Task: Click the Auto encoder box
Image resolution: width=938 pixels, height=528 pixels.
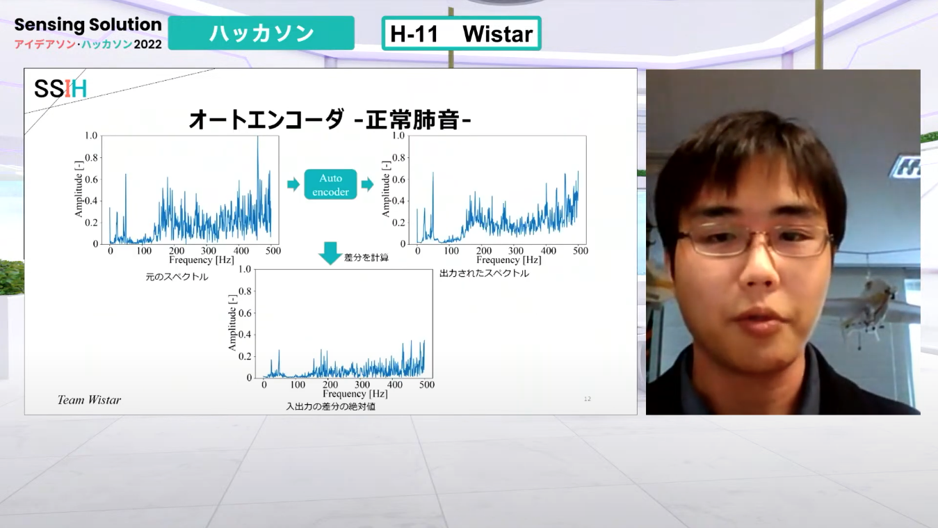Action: tap(330, 184)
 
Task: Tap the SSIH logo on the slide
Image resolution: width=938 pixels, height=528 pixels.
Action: tap(60, 89)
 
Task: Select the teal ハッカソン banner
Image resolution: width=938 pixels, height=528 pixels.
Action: tap(261, 33)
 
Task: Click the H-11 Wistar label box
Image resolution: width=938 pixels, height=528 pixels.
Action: tap(462, 33)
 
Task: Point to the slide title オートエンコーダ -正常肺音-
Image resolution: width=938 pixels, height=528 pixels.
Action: tap(330, 120)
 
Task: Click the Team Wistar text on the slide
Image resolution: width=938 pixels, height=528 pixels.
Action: tap(89, 400)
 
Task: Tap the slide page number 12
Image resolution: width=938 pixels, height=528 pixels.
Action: tap(588, 399)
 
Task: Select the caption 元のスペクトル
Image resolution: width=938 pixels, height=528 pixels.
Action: tap(177, 277)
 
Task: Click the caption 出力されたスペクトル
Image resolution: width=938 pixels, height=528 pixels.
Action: tap(484, 273)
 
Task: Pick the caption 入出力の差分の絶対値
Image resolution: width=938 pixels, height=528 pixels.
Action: tap(330, 406)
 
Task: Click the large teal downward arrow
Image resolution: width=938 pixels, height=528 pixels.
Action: tap(330, 253)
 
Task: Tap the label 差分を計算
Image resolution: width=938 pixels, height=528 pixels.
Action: tap(366, 257)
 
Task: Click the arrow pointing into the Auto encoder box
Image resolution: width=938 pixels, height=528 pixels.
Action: tap(293, 184)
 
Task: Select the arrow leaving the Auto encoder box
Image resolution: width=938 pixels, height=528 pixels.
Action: tap(367, 184)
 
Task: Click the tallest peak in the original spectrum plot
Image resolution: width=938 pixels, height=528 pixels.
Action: tap(257, 136)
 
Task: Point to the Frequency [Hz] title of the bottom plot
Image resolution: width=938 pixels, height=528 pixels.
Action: tap(355, 394)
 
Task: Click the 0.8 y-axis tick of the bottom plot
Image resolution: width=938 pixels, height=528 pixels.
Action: tap(245, 291)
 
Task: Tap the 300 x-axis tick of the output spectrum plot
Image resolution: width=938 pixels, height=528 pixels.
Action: tap(515, 250)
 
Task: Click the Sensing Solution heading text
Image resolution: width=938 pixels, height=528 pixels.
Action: tap(88, 24)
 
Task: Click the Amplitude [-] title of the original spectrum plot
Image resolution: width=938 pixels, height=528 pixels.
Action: tap(79, 189)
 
